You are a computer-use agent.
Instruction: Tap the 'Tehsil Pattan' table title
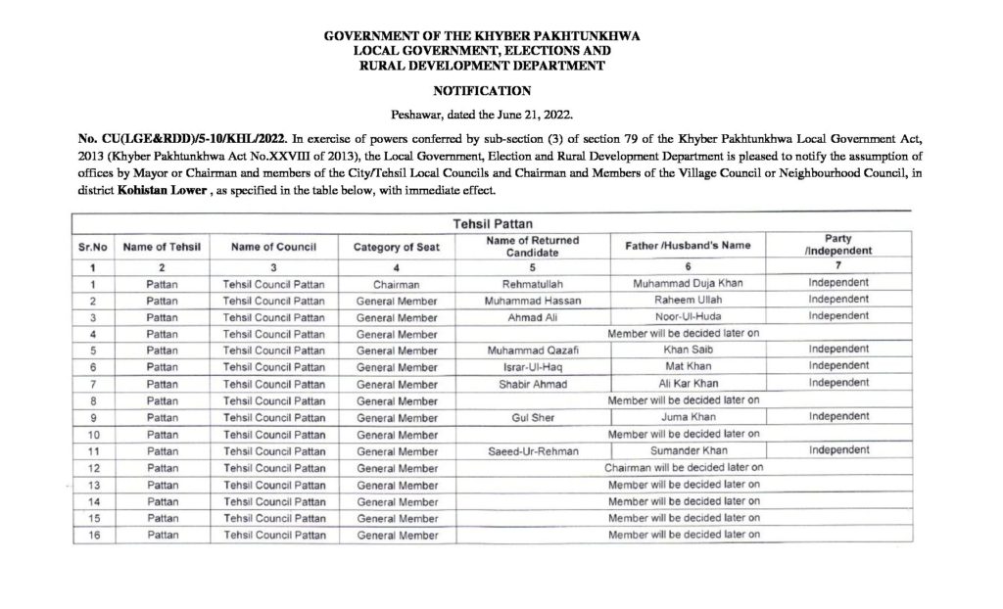pos(493,224)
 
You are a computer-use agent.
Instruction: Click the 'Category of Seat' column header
pos(396,248)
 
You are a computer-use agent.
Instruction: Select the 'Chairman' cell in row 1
pos(396,283)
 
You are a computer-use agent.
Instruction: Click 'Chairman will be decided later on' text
pos(683,467)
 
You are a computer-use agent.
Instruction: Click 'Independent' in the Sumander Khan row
pos(839,449)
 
